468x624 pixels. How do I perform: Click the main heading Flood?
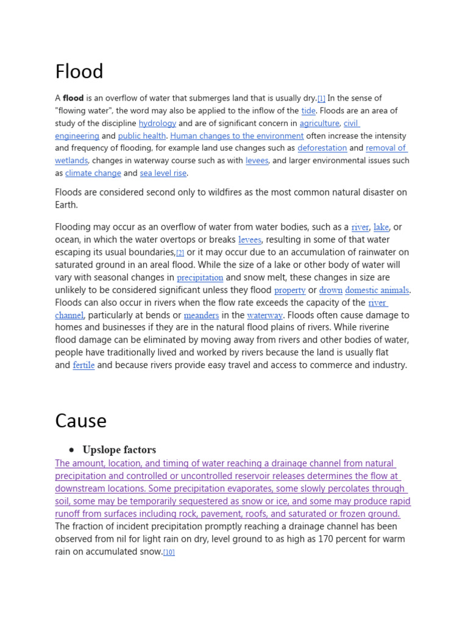79,72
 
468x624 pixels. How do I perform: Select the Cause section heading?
80,421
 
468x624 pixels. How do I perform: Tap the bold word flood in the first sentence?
73,98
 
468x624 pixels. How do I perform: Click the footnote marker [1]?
321,99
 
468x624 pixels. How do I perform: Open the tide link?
308,111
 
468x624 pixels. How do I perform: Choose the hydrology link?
157,123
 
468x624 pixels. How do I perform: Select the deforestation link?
322,148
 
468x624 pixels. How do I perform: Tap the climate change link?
93,173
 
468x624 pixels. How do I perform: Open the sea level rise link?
163,173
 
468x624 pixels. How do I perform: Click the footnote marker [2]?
180,253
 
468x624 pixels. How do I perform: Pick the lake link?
381,227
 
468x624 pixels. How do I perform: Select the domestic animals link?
377,291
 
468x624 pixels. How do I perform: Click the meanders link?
201,316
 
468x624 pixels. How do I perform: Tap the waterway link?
264,316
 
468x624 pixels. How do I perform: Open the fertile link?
83,366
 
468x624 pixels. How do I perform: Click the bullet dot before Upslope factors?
71,450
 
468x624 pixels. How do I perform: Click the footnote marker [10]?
169,553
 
